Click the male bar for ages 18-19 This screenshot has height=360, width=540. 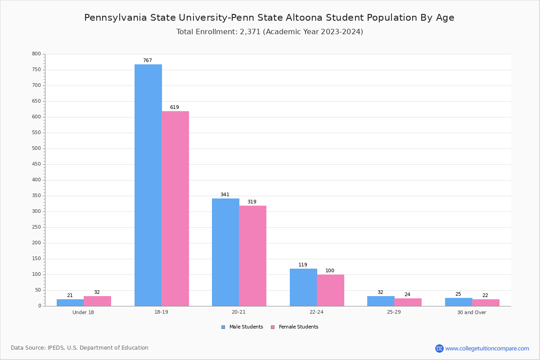[x=148, y=185]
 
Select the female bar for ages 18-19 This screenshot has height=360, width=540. [x=175, y=208]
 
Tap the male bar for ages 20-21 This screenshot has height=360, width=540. [x=225, y=252]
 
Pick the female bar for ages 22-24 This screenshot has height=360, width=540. [x=330, y=290]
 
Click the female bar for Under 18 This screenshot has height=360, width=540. [x=97, y=301]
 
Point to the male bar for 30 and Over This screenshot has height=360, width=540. [x=459, y=302]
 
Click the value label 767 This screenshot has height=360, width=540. [x=148, y=60]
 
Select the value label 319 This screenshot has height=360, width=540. [x=252, y=202]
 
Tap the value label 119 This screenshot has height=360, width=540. [x=303, y=265]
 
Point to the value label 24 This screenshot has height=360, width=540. [x=407, y=294]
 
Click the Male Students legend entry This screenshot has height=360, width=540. [x=242, y=327]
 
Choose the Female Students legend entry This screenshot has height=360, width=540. [x=295, y=327]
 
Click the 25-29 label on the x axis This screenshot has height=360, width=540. [x=394, y=312]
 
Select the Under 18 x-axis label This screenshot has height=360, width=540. [x=83, y=312]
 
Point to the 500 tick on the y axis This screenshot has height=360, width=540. [x=36, y=148]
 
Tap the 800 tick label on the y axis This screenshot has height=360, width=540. [x=36, y=54]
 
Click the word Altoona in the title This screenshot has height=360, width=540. [x=304, y=18]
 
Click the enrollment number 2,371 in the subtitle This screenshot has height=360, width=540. [x=250, y=31]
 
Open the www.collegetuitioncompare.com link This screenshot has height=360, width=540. [x=482, y=348]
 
